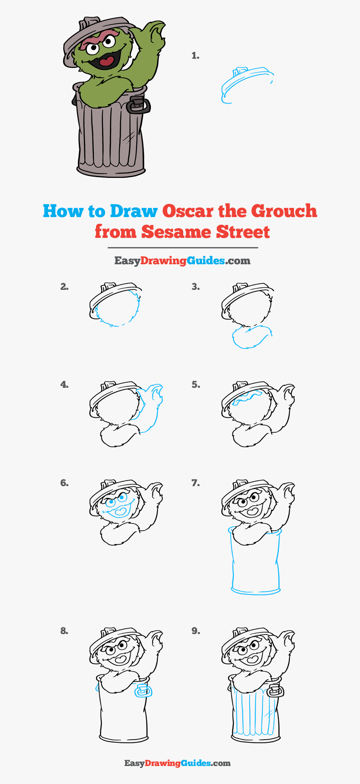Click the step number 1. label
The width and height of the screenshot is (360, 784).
195,56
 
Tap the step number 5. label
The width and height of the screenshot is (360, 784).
195,385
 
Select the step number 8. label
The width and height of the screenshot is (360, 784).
64,631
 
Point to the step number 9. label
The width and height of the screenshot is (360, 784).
195,631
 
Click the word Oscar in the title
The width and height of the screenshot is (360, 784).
188,211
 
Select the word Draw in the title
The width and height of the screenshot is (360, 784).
134,211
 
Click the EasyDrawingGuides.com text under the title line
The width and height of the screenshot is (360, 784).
182,261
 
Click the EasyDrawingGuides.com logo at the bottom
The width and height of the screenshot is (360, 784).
178,763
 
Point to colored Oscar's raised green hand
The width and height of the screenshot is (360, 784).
154,34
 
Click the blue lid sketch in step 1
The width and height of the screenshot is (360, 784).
246,82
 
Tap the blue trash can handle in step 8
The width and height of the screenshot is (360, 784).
142,690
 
